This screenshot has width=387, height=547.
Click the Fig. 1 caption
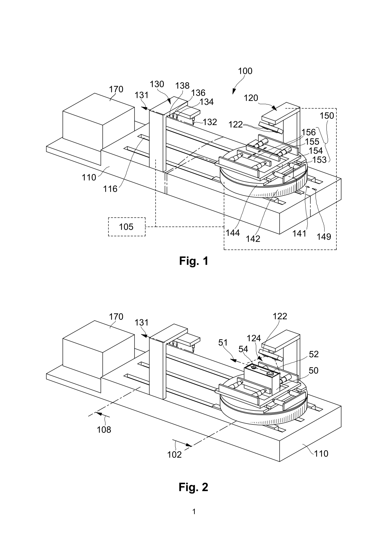click(x=193, y=261)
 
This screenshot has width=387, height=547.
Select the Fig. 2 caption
click(x=193, y=487)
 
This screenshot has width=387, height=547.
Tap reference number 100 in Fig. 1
click(x=245, y=71)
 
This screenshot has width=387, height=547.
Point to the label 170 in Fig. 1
click(x=116, y=90)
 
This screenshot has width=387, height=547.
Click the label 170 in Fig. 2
click(x=116, y=317)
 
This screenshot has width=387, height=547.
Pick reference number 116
click(x=110, y=189)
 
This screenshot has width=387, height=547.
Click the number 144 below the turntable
click(x=233, y=233)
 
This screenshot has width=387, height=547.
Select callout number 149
click(x=324, y=237)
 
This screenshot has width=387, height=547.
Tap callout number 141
click(x=299, y=233)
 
